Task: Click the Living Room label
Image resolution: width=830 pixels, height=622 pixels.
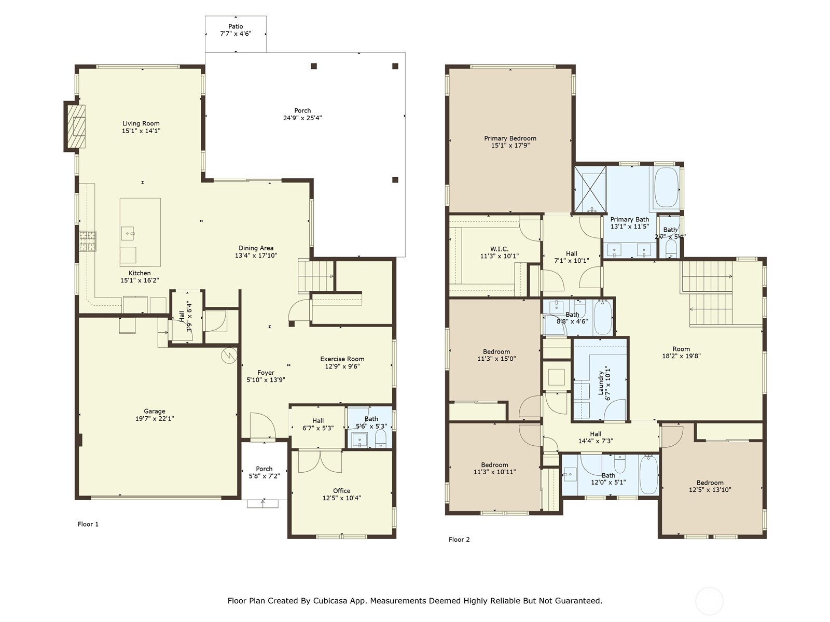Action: click(x=141, y=123)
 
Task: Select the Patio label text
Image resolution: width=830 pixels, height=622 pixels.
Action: click(x=236, y=26)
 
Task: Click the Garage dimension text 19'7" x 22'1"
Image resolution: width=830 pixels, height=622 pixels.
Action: click(x=155, y=418)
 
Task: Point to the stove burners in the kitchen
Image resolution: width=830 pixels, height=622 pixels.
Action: click(x=87, y=241)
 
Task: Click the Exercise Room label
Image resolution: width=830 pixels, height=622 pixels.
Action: click(x=342, y=359)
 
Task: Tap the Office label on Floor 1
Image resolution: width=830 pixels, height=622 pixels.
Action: click(x=341, y=490)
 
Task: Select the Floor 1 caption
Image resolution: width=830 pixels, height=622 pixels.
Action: click(x=88, y=524)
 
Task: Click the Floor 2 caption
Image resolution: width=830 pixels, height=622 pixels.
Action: click(x=459, y=539)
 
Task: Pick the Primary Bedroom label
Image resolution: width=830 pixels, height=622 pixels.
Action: click(x=510, y=138)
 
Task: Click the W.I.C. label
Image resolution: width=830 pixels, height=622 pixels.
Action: click(x=499, y=249)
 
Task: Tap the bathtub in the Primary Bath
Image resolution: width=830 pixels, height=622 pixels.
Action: click(x=666, y=187)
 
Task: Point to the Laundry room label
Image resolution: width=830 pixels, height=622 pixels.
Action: click(x=601, y=384)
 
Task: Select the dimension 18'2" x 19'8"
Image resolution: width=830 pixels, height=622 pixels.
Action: click(x=681, y=356)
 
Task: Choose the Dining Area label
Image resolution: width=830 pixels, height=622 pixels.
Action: click(x=256, y=248)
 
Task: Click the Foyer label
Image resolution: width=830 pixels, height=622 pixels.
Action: click(x=266, y=373)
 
